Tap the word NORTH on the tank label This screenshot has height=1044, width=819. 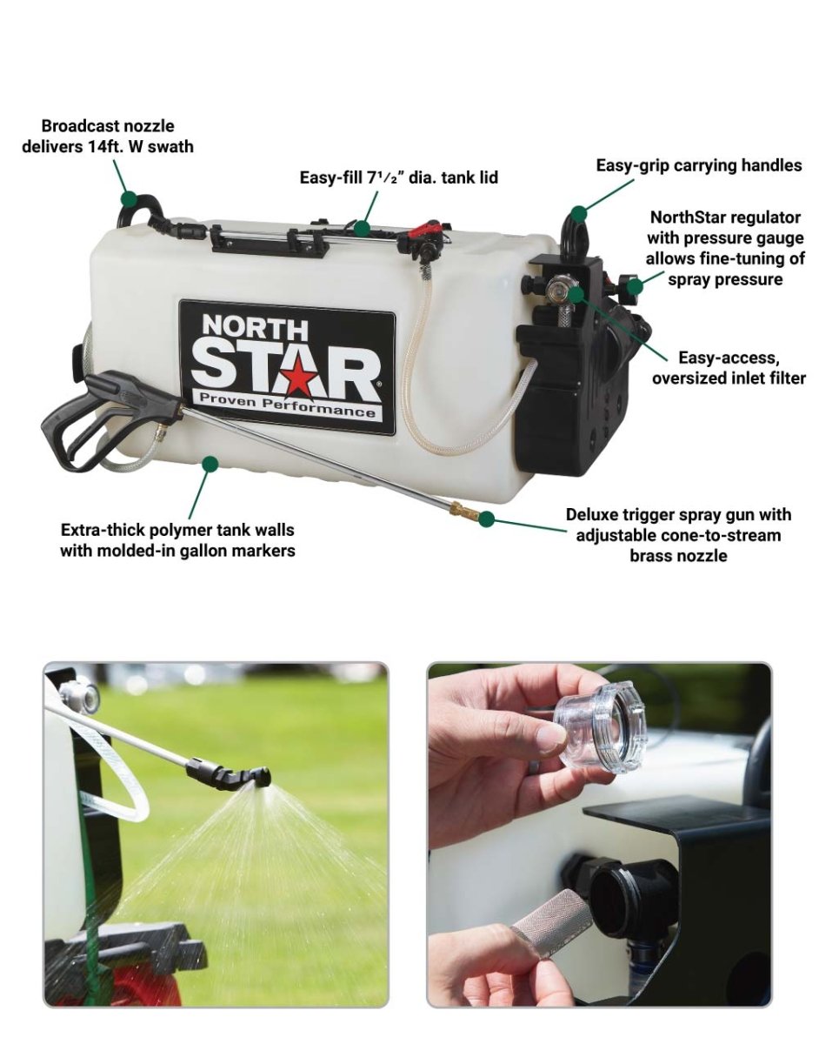(x=255, y=328)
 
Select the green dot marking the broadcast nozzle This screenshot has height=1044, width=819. (x=129, y=198)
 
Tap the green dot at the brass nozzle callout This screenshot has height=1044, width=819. (x=487, y=518)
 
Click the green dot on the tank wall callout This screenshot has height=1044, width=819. (x=210, y=464)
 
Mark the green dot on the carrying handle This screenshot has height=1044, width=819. (x=579, y=213)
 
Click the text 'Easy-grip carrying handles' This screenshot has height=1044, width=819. (x=699, y=165)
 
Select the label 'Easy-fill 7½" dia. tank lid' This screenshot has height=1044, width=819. (x=399, y=177)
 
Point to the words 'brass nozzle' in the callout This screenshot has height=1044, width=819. (x=678, y=555)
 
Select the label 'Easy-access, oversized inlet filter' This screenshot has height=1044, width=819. (x=729, y=368)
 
